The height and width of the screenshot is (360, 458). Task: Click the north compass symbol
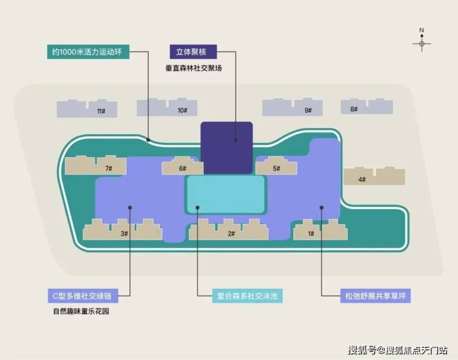point(421,40)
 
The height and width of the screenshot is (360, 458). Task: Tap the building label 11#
point(102,111)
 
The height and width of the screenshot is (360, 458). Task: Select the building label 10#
point(183,110)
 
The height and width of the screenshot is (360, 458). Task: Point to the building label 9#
point(308,110)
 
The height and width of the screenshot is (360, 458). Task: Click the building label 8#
point(354,109)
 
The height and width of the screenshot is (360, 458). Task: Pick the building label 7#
point(109,168)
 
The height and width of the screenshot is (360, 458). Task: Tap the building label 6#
point(183,168)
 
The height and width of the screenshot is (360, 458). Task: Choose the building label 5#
point(276,168)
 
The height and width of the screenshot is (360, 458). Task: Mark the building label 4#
point(362,179)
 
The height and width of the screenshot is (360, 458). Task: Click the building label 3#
point(124,234)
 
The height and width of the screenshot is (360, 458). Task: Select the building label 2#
point(231,234)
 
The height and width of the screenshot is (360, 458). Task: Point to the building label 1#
point(311,234)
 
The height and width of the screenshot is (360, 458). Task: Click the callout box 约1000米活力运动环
point(89,52)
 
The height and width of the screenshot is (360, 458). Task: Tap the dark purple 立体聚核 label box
point(193,52)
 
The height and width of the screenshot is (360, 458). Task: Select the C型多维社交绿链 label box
point(83,296)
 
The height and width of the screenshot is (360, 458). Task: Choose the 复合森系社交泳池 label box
point(247,296)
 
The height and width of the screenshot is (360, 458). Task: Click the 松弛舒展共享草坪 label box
point(375,296)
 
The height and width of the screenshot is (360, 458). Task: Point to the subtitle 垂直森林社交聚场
point(194,68)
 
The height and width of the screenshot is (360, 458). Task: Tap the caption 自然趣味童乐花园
point(81,311)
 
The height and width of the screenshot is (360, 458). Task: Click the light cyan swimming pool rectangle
point(225,194)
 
